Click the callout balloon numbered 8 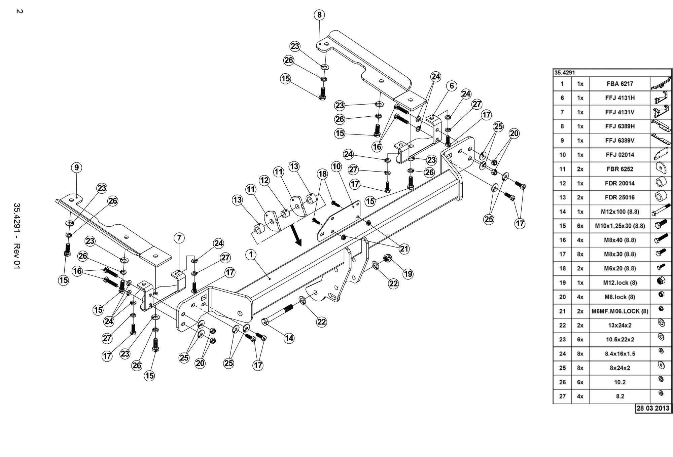click(x=319, y=15)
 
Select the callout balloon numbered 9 click(x=76, y=167)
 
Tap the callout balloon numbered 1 click(x=251, y=255)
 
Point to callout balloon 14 click(x=289, y=338)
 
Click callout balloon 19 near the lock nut click(x=408, y=274)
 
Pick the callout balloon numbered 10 click(x=336, y=166)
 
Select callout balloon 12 click(x=264, y=181)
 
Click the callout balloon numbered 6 click(x=452, y=86)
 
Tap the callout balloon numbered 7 click(x=179, y=238)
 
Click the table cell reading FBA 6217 click(x=620, y=84)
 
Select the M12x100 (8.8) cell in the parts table click(x=620, y=212)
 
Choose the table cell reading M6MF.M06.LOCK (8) click(x=620, y=311)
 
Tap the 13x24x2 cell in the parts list click(x=620, y=326)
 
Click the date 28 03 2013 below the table click(x=653, y=408)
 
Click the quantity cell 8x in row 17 click(x=580, y=255)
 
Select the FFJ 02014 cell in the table click(x=620, y=155)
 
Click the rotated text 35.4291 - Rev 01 click(x=17, y=236)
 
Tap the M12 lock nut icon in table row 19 click(x=661, y=281)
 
